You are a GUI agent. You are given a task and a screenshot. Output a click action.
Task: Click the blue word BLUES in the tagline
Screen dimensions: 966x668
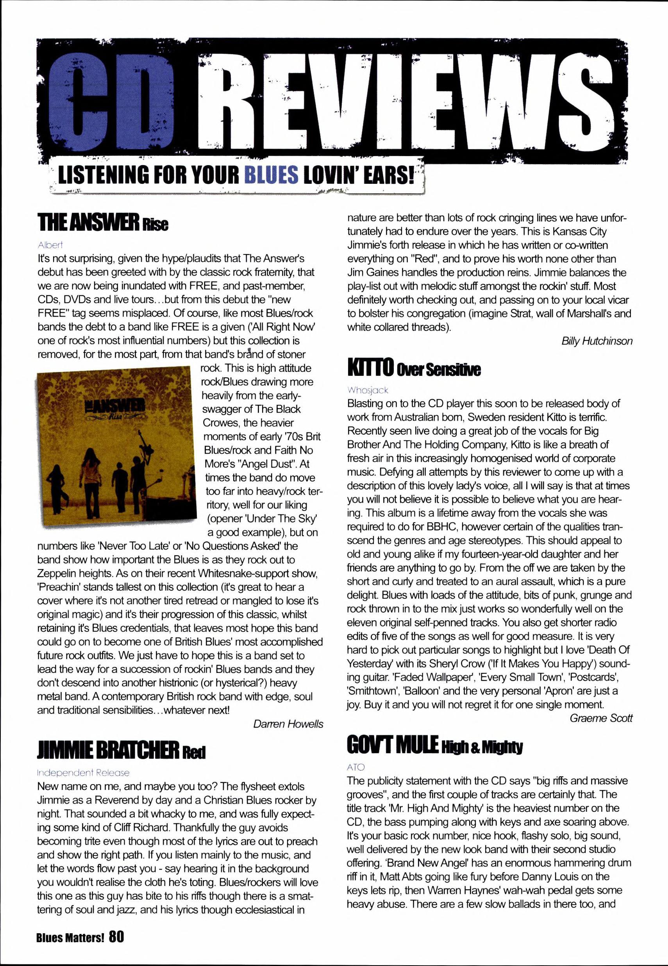click(271, 175)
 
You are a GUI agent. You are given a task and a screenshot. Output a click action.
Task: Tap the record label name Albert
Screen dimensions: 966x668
click(50, 245)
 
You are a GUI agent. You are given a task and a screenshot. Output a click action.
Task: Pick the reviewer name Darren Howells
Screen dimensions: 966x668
click(288, 724)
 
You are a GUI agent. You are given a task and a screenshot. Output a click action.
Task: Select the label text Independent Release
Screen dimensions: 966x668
click(83, 772)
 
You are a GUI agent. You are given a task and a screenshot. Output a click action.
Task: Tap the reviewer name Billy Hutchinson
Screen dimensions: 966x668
click(597, 341)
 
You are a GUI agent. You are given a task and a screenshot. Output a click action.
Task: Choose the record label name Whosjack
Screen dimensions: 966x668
click(368, 390)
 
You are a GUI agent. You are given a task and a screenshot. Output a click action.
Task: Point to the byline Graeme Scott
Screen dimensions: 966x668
click(601, 718)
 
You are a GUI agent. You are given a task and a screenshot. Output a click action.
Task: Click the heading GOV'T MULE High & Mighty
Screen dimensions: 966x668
click(434, 745)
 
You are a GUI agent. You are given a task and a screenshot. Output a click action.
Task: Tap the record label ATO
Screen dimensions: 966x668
click(356, 767)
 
